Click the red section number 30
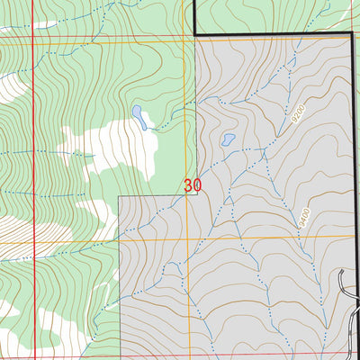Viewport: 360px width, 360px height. [192, 185]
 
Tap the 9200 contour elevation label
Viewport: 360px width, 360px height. [298, 114]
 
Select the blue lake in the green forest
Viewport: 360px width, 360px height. [140, 116]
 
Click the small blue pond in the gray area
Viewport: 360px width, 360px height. [229, 140]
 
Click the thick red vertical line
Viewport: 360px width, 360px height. [35, 135]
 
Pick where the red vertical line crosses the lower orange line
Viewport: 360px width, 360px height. [35, 241]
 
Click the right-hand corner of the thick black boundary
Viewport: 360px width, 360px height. [350, 34]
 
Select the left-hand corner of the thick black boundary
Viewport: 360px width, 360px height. [195, 34]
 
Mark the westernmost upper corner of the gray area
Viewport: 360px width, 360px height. [121, 195]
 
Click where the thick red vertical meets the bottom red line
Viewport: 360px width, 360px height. [35, 355]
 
